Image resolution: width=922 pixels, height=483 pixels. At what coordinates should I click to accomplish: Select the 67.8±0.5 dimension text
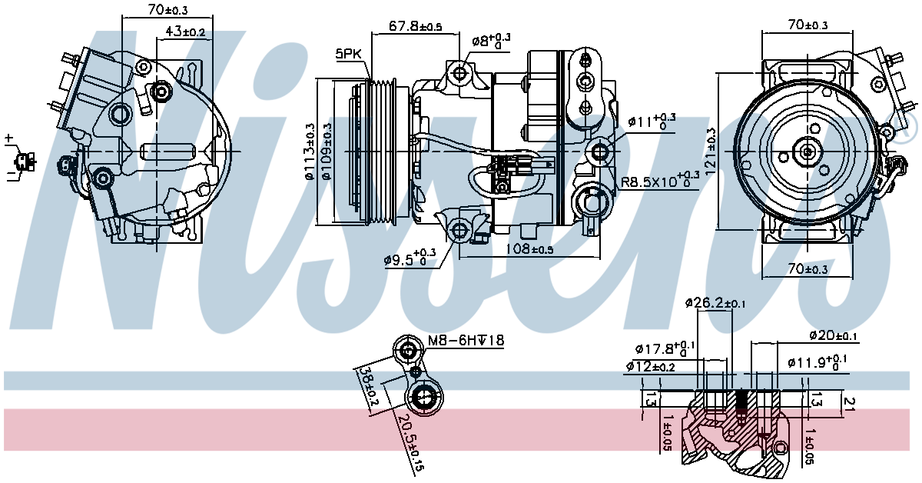pos(415,26)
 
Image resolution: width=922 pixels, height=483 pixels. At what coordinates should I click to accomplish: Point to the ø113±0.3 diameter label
pos(310,151)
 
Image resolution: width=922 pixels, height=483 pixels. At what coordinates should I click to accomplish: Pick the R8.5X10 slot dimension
pos(659,182)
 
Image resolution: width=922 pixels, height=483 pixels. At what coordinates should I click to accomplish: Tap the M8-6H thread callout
pos(466,341)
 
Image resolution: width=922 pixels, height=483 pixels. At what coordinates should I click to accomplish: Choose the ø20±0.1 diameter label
pos(834,336)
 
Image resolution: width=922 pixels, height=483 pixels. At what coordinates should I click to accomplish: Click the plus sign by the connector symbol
pos(8,138)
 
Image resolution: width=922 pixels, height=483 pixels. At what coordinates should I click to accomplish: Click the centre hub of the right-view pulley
pos(807,152)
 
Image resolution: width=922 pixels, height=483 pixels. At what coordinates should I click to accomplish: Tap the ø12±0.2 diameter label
pos(650,366)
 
